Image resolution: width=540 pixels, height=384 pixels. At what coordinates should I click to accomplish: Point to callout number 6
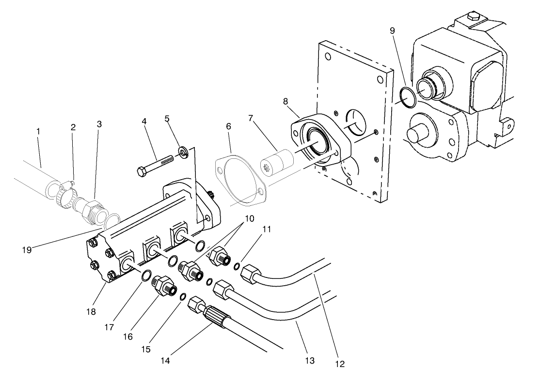point(228,126)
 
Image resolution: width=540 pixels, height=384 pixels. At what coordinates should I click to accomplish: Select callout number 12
point(340,364)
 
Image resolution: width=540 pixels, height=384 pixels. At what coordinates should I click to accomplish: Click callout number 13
point(310,360)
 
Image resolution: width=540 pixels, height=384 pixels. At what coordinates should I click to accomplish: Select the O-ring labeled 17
point(145,276)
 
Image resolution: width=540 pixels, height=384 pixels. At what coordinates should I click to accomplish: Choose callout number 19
point(26,250)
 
